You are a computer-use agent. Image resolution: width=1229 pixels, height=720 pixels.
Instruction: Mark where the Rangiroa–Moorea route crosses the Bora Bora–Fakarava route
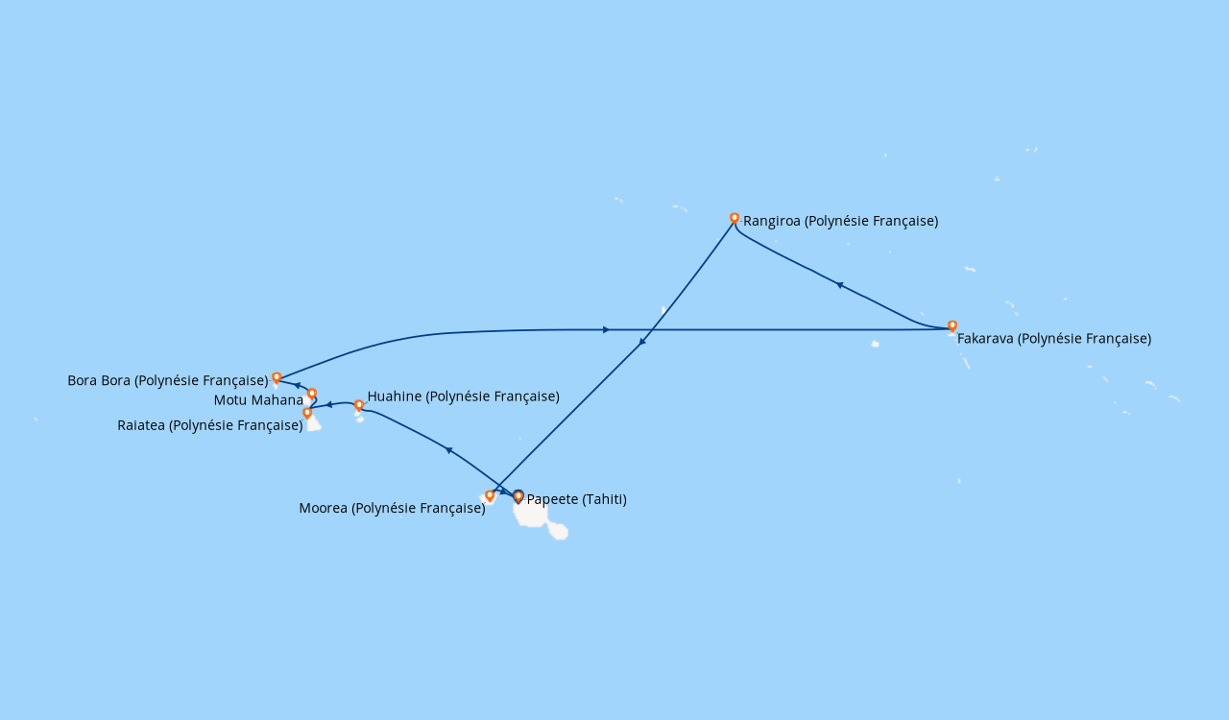pos(651,330)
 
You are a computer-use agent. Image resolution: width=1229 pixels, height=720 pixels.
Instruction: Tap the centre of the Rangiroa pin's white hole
pos(735,217)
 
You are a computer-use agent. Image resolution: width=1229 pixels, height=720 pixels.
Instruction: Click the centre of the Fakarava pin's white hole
pos(952,324)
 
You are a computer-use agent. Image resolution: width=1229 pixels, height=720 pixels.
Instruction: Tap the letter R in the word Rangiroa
pos(748,221)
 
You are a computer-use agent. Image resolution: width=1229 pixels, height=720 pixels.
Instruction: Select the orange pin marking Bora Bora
pos(277,378)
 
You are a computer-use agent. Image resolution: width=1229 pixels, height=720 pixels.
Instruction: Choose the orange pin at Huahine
pos(359,405)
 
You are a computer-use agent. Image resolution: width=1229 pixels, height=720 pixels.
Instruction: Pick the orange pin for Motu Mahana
pos(312,394)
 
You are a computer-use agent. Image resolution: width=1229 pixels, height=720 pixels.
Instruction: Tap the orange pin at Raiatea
pos(307,413)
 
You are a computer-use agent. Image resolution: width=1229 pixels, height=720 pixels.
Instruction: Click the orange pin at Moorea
pos(490,496)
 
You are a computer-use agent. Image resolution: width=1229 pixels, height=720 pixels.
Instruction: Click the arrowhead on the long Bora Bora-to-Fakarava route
pos(606,330)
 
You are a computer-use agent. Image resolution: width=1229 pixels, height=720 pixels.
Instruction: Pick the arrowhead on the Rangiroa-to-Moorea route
pos(642,342)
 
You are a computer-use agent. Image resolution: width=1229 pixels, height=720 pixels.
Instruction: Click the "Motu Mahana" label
pos(258,400)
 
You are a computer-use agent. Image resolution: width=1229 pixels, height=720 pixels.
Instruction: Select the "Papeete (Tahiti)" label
pos(577,499)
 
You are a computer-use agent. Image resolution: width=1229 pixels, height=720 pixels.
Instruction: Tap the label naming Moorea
pos(392,508)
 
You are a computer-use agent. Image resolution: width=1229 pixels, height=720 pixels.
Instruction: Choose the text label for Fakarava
pos(1054,339)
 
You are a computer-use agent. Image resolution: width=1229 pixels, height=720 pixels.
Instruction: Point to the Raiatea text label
pos(210,425)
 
